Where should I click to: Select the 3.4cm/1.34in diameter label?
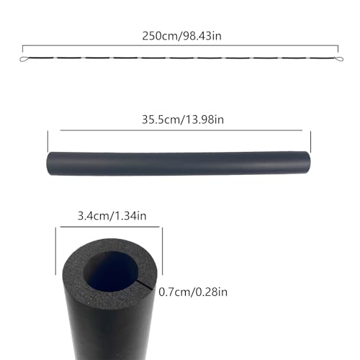point(112,215)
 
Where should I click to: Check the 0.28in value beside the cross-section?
point(215,292)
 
